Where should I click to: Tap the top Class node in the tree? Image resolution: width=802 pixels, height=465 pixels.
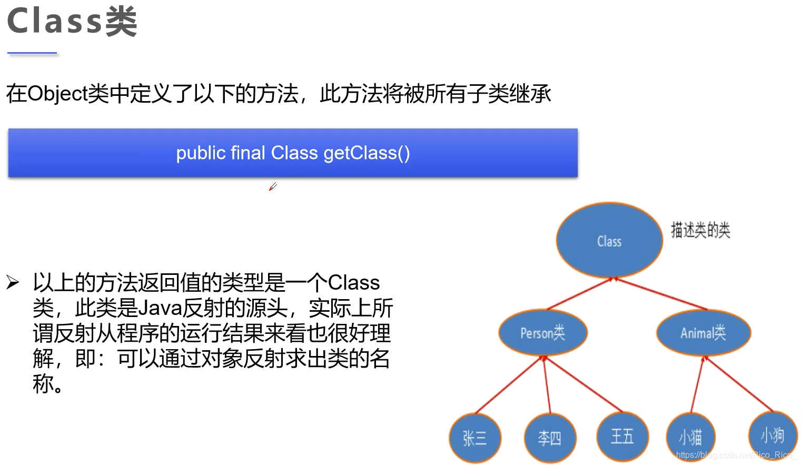tap(609, 241)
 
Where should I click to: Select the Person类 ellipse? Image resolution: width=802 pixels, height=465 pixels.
tap(543, 332)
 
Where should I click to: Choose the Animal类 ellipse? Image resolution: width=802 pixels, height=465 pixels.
tap(703, 332)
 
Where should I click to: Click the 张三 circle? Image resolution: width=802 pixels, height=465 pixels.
tap(474, 438)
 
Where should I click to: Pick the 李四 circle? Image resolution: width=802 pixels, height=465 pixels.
tap(550, 438)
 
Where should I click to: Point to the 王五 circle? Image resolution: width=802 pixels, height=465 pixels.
tap(622, 436)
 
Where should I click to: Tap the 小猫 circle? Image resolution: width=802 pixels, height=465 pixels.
tap(690, 437)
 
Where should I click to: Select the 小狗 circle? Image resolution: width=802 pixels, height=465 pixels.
tap(772, 435)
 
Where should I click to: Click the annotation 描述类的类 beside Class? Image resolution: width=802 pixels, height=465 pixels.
tap(700, 230)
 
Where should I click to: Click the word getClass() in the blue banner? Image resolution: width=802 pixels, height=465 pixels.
tap(367, 153)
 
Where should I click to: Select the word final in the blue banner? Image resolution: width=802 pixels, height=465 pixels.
tap(247, 153)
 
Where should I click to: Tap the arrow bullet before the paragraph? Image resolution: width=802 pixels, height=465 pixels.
tap(13, 283)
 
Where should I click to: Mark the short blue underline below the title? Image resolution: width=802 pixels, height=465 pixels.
tap(32, 53)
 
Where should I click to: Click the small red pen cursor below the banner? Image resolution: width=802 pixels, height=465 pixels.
tap(273, 186)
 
